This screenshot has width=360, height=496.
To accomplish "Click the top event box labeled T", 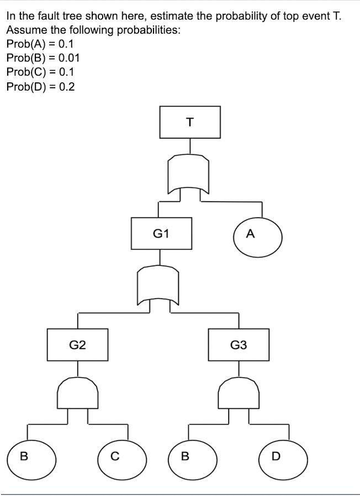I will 190,122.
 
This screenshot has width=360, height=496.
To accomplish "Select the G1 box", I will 161,233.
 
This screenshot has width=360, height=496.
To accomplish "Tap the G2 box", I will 77,345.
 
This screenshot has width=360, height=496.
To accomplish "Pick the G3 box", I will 239,345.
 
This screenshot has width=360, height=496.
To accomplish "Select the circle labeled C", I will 114,457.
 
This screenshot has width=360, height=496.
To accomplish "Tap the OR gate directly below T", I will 189,173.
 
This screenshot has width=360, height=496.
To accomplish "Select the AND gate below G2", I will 78,393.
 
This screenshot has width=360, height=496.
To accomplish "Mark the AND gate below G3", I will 239,393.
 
